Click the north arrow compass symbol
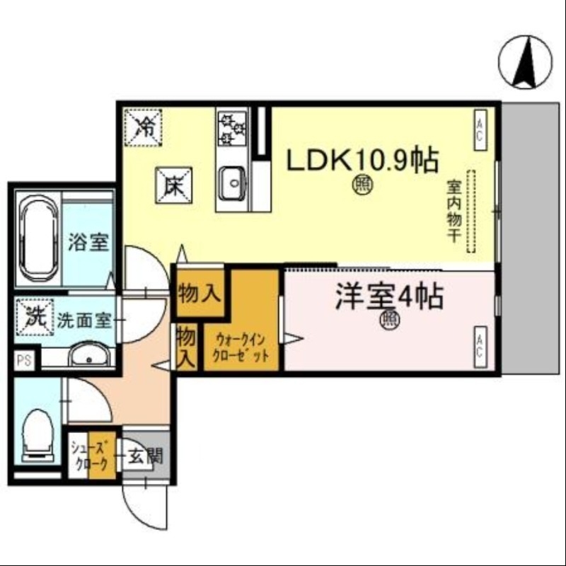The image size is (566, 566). [526, 62]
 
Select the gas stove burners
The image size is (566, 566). [232, 129]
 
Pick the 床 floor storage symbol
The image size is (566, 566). [172, 185]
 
